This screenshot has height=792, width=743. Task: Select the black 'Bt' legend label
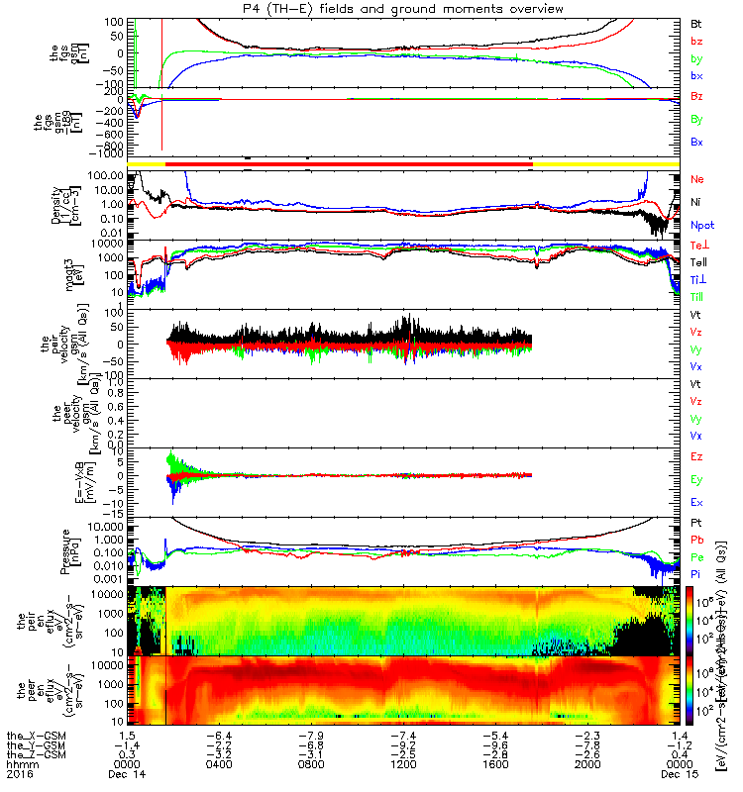point(695,22)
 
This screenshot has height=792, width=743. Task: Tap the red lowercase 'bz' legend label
point(695,41)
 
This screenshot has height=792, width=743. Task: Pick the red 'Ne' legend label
point(697,180)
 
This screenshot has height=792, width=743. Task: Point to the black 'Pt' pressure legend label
point(695,522)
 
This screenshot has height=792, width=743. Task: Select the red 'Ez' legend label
point(697,457)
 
